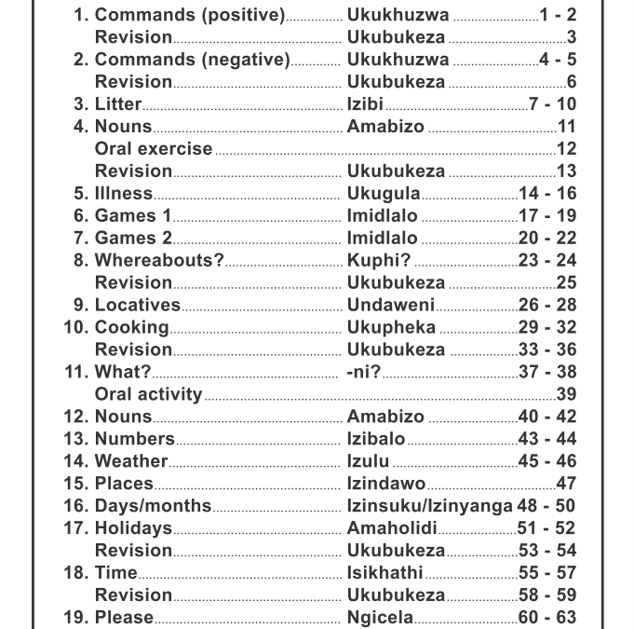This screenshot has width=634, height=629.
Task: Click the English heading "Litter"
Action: [x=118, y=104]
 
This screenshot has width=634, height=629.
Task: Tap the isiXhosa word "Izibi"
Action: [x=365, y=104]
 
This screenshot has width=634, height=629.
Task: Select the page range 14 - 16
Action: [x=547, y=194]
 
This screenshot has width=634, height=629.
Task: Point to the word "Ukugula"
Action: [x=384, y=194]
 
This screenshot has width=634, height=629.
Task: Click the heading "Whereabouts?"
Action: [x=159, y=261]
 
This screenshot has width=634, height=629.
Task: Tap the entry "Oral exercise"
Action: [x=154, y=149]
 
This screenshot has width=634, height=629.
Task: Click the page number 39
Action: [x=565, y=394]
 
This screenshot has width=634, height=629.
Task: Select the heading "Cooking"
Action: [x=131, y=328]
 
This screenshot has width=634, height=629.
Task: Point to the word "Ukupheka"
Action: [x=391, y=328]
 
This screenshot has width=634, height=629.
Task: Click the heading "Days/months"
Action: [x=153, y=506]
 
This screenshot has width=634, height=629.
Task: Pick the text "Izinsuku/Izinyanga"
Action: [x=429, y=506]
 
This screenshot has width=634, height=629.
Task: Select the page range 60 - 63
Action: [x=547, y=618]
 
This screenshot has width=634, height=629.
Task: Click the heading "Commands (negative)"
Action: [x=192, y=60]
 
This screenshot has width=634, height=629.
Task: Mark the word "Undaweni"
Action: [x=390, y=306]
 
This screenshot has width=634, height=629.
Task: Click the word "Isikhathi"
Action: [x=384, y=573]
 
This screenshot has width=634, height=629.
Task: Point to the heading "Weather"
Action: [x=130, y=461]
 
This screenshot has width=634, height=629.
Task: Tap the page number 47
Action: [x=565, y=484]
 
